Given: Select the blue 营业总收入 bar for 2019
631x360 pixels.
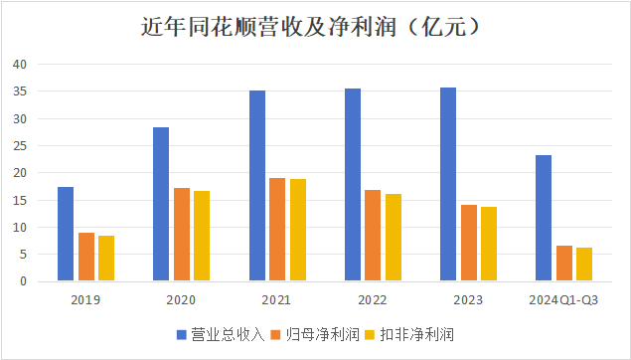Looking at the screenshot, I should (66, 234).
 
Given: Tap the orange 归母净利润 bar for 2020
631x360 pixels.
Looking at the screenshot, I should (181, 235).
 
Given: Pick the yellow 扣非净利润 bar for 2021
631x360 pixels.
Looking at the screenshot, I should (298, 230).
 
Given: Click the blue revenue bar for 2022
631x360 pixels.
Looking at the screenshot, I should (353, 185).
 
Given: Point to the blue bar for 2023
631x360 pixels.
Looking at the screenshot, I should (448, 184).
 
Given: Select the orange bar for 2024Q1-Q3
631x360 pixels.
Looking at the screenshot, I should (564, 264).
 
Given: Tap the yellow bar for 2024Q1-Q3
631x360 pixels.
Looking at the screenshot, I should (584, 265).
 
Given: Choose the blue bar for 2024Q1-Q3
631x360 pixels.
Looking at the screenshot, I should (544, 218).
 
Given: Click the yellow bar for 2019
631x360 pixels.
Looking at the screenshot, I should (106, 259).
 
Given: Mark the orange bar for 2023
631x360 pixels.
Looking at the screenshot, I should (469, 243).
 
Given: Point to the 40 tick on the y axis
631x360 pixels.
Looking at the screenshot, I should (20, 65).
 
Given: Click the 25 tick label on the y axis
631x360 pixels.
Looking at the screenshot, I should (20, 146).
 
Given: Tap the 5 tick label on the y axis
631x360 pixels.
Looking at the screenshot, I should (23, 255).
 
